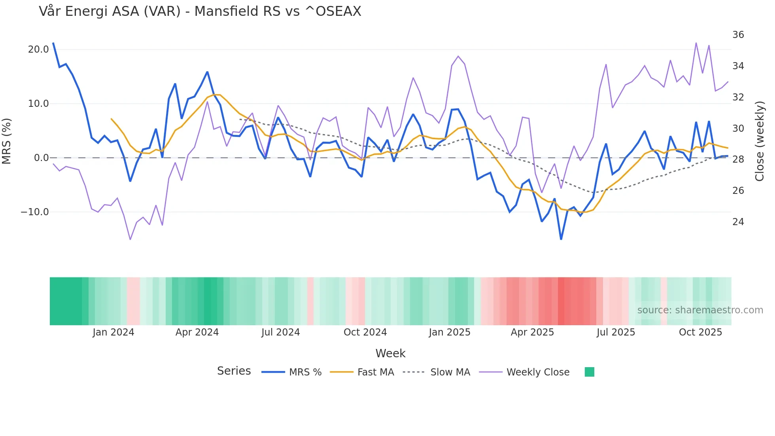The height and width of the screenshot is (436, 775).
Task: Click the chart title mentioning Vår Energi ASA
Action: (x=200, y=11)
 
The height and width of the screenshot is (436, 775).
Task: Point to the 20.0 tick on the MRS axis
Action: (x=38, y=49)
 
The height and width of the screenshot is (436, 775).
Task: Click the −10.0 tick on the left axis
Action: (x=35, y=212)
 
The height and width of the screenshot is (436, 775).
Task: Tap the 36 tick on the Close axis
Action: (x=738, y=35)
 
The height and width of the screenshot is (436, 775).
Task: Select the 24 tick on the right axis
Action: (x=738, y=222)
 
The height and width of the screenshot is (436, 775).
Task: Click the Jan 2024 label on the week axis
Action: (x=113, y=332)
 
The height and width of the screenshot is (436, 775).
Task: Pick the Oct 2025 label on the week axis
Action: (x=700, y=332)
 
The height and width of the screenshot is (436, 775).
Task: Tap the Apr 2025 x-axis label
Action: (x=532, y=332)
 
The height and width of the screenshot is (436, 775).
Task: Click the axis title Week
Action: (x=390, y=353)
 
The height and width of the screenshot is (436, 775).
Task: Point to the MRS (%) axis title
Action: (x=7, y=141)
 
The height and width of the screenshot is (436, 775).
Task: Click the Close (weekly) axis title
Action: (x=760, y=141)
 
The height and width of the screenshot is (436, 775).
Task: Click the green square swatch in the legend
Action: (x=589, y=372)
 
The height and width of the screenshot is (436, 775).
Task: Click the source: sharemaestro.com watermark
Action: (x=700, y=310)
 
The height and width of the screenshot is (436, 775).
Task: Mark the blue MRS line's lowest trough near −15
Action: (x=561, y=239)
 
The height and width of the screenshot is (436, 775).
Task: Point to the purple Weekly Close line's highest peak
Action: (x=696, y=43)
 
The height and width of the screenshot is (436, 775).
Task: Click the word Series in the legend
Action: (x=234, y=371)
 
